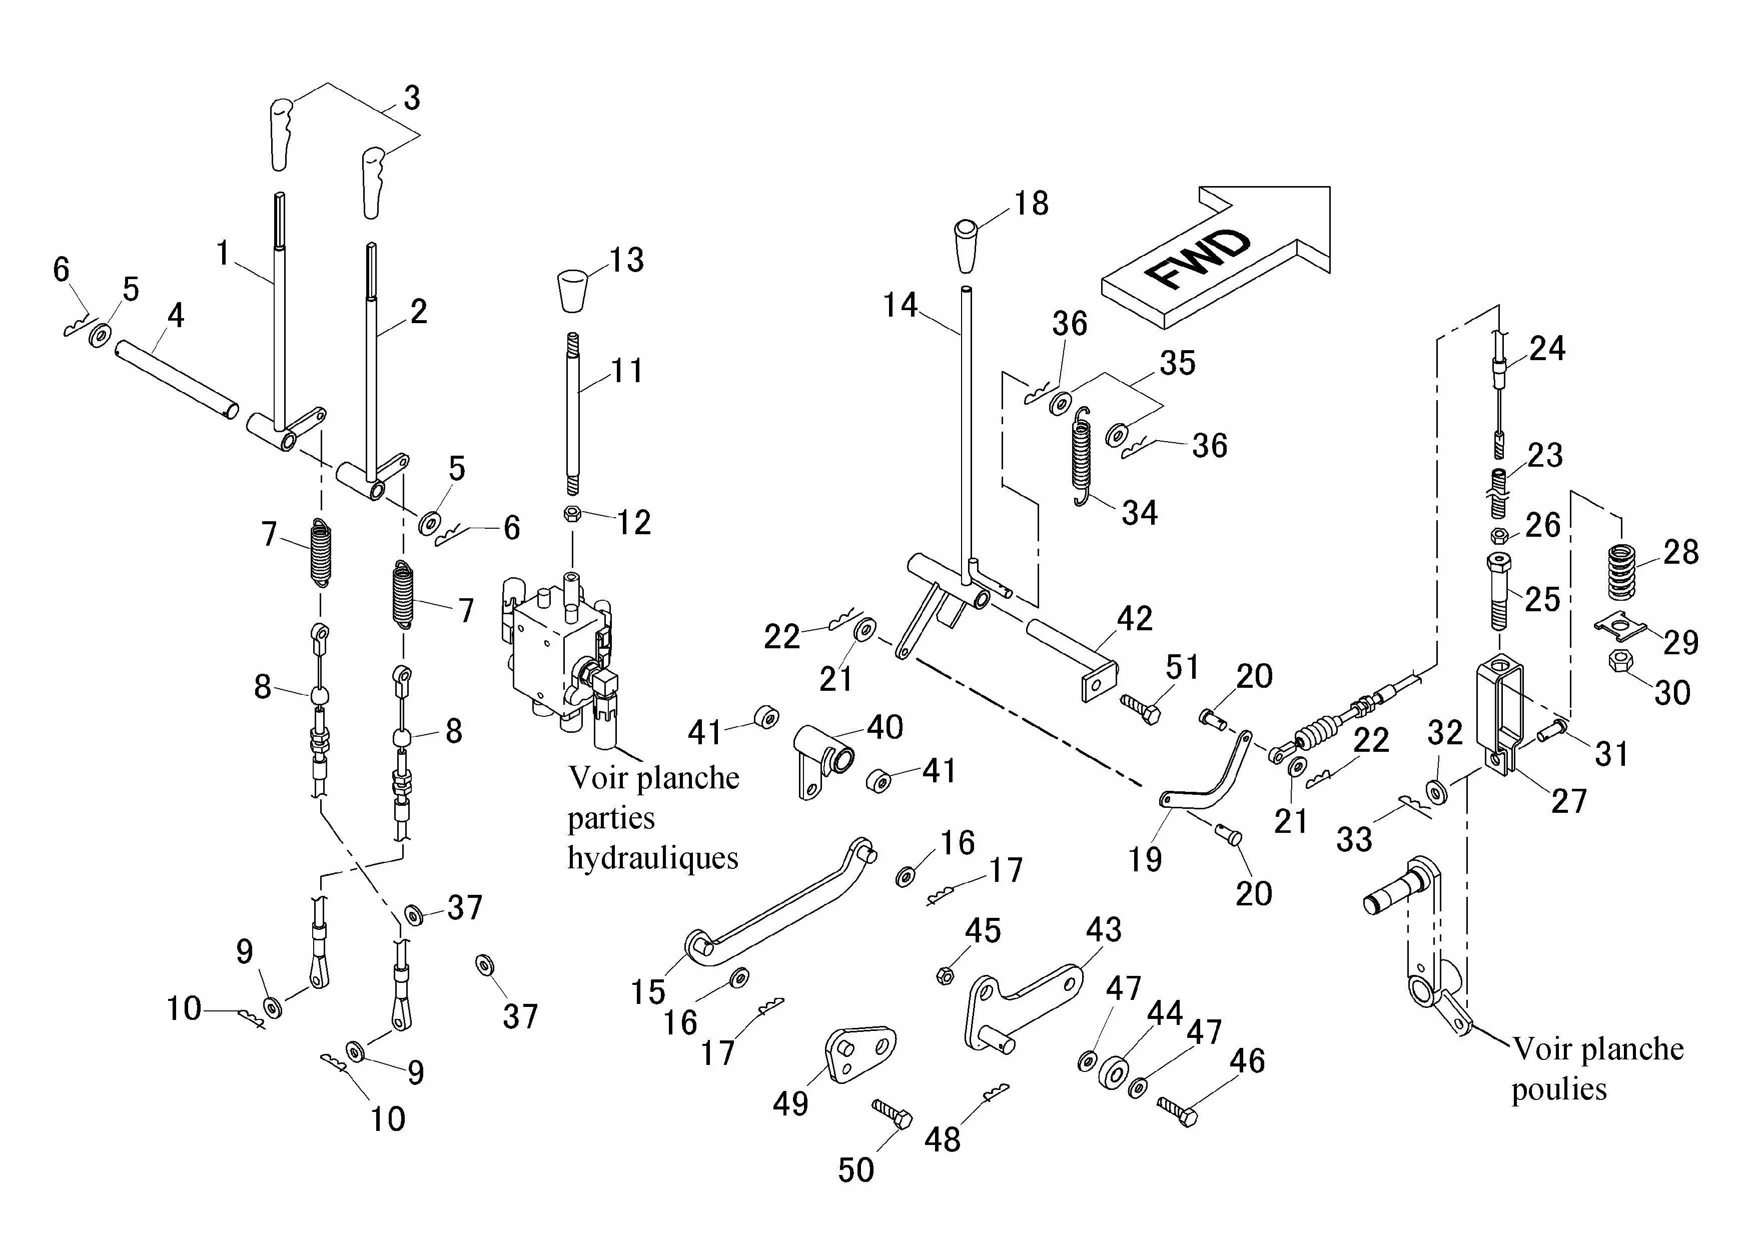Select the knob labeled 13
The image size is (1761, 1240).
(573, 291)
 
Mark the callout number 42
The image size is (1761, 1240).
(1134, 619)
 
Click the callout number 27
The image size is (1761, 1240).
(1568, 801)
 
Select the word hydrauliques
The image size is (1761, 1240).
(653, 858)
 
